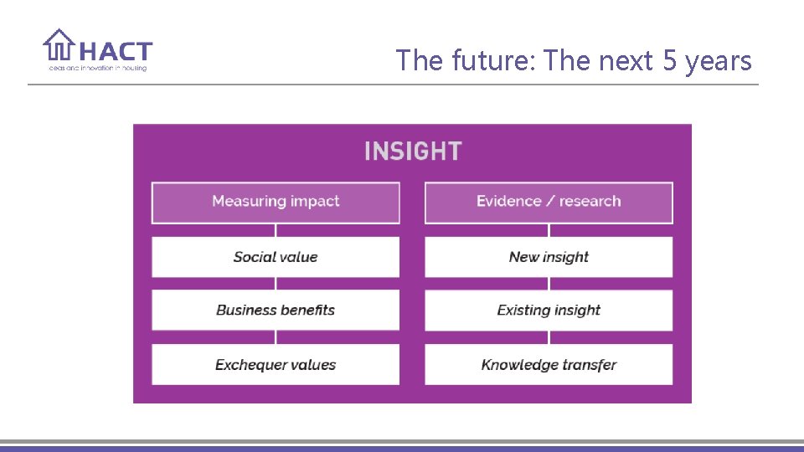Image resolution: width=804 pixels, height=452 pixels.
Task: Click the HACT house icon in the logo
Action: click(59, 45)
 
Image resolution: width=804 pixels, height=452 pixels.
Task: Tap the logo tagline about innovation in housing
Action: click(95, 68)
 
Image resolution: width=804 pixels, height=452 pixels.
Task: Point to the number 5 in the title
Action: click(669, 61)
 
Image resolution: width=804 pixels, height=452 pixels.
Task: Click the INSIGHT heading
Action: click(413, 152)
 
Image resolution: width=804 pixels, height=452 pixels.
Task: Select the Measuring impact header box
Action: click(276, 202)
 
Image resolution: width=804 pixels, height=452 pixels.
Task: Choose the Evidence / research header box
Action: click(549, 202)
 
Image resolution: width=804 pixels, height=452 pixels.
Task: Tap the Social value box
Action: click(276, 257)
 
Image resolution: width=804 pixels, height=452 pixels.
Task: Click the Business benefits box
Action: click(276, 311)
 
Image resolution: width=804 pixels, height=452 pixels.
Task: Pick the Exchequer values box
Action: click(276, 365)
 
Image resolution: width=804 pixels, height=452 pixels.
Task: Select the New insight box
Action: click(549, 257)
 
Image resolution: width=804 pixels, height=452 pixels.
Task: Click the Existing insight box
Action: click(549, 311)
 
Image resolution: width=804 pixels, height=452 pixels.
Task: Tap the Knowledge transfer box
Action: click(549, 365)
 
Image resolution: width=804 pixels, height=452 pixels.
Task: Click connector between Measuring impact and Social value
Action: click(276, 230)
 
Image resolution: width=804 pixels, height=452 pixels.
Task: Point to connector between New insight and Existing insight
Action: click(549, 284)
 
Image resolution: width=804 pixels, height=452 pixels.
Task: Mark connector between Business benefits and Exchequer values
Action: click(276, 337)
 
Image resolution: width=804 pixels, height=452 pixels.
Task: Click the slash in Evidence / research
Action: click(550, 202)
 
